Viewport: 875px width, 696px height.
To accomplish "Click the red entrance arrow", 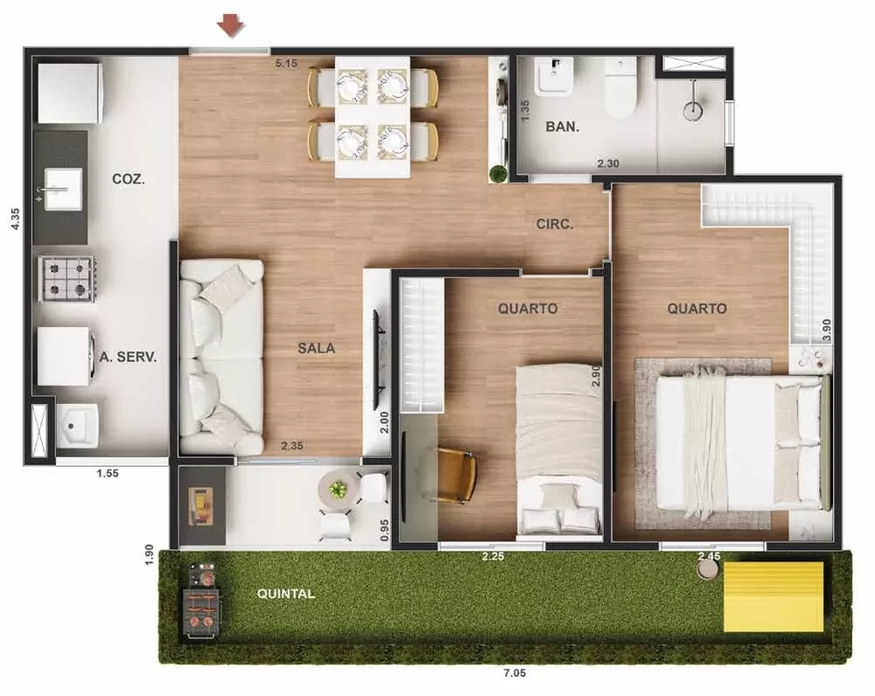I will (231, 26).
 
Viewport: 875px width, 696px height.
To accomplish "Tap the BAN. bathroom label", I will (562, 127).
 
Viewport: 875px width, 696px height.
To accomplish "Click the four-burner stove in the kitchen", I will (66, 279).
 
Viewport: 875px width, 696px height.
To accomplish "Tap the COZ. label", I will (129, 179).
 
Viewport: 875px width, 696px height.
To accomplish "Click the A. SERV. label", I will (128, 357).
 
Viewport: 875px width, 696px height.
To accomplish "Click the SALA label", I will (316, 348).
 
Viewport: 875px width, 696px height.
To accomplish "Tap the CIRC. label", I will (555, 225).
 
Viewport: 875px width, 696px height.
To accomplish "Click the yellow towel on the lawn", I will (773, 596).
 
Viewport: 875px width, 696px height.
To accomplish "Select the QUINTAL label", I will (285, 594).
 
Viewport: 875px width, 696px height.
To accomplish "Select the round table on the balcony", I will (338, 490).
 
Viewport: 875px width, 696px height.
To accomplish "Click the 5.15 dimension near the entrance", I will (287, 64).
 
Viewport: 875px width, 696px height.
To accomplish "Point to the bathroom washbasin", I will (554, 77).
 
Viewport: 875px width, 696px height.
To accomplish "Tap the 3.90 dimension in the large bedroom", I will (827, 329).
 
